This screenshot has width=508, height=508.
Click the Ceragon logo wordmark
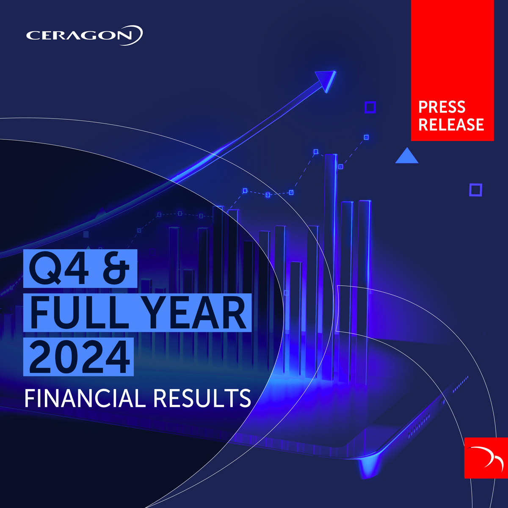[x=84, y=35]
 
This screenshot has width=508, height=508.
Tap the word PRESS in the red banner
[x=442, y=107]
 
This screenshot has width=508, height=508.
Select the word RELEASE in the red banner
[x=451, y=124]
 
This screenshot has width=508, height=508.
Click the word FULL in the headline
[x=79, y=313]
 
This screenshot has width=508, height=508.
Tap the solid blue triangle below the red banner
[x=406, y=156]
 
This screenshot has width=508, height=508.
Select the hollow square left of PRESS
[x=370, y=107]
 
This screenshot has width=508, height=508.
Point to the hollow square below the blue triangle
[x=475, y=190]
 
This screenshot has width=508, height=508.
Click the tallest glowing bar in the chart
[x=330, y=267]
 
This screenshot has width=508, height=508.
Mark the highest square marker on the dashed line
[x=366, y=137]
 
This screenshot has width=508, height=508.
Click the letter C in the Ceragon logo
[x=33, y=36]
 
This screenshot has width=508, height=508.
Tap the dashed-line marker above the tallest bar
[x=316, y=152]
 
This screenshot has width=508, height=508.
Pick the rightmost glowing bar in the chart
[x=364, y=288]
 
